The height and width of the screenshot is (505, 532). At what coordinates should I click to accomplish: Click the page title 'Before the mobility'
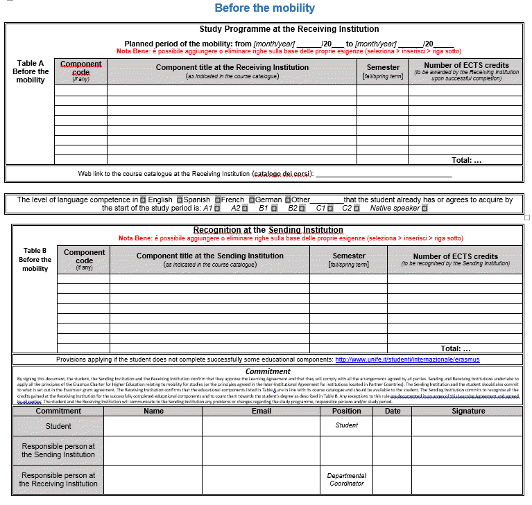coord(264,8)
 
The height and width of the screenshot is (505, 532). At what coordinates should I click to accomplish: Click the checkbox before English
coord(143,200)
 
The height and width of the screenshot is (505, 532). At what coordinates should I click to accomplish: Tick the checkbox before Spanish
coord(179,200)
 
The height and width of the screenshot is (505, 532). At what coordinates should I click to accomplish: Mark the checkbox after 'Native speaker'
coord(424,209)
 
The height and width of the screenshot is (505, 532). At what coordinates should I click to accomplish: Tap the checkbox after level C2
coord(357,209)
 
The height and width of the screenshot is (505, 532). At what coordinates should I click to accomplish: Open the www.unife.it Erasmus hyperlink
coord(407,360)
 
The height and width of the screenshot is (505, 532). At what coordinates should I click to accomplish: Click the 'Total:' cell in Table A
coord(466,160)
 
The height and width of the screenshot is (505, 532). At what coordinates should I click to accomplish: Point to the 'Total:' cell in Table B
coord(455,348)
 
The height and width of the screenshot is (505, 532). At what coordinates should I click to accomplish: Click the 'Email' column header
coord(261,411)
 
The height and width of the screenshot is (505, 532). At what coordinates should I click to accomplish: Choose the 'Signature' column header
coord(468,411)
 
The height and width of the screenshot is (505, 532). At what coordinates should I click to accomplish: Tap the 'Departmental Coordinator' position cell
coord(346,479)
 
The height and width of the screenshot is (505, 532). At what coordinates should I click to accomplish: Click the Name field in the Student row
coord(153,426)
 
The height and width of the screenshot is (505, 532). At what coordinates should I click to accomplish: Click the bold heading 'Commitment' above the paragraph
coord(268,371)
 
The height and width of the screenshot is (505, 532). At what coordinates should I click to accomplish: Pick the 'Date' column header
coord(393,411)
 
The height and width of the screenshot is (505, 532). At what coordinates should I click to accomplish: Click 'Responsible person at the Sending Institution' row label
coord(58,450)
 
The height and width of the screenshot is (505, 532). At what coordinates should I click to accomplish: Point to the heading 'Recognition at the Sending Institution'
coord(268,230)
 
